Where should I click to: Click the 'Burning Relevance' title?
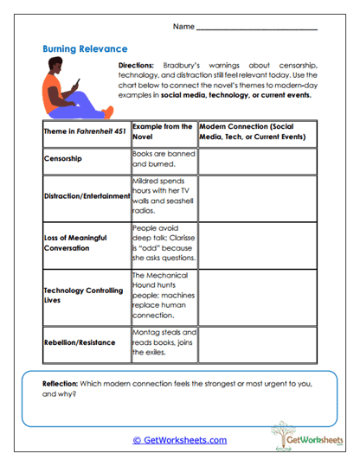pos(85,49)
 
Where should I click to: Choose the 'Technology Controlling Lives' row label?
pos(83,295)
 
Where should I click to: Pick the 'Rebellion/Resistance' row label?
pos(79,343)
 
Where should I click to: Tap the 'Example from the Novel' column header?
pos(163,131)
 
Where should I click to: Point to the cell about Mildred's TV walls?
pos(163,195)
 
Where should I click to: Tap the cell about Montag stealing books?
pos(163,343)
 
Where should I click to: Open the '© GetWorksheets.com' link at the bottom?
pos(179,440)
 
